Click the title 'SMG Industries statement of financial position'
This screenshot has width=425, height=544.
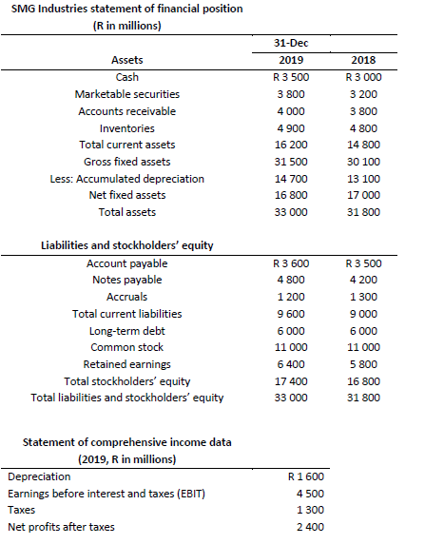pos(126,9)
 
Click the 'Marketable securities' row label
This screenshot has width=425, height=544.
pos(126,94)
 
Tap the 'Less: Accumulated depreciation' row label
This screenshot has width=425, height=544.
pos(126,178)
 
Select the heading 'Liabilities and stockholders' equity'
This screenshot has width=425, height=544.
pos(126,245)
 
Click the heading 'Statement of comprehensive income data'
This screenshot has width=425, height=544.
pos(126,442)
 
